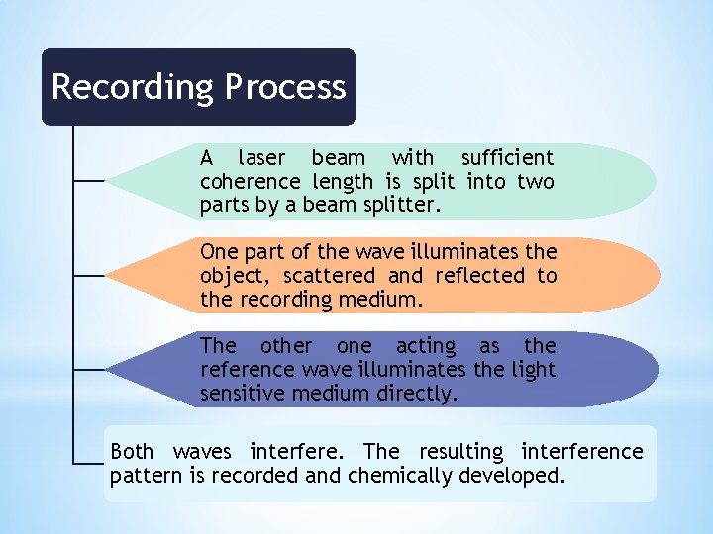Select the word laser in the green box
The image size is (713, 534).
[x=261, y=158]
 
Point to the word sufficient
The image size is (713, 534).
[x=507, y=158]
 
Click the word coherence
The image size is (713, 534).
[x=250, y=182]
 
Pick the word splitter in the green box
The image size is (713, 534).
[x=402, y=206]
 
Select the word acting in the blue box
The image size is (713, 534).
[x=426, y=346]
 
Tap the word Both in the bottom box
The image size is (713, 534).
[x=132, y=452]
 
